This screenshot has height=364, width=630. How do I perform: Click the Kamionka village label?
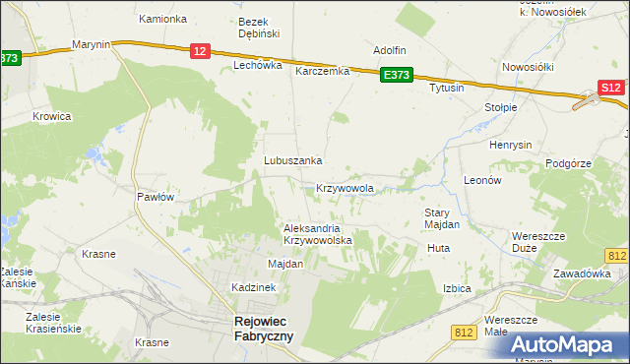click(x=162, y=19)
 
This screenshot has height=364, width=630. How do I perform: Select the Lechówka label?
click(x=257, y=65)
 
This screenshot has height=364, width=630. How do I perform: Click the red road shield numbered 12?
click(x=199, y=51)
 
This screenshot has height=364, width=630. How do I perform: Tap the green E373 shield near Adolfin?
click(x=397, y=75)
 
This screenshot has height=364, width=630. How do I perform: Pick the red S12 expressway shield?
click(x=611, y=89)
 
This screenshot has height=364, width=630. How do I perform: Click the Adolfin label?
click(x=390, y=49)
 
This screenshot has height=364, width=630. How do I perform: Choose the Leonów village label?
click(x=483, y=181)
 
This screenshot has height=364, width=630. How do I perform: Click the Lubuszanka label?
click(x=292, y=160)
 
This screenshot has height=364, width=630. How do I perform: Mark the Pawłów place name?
click(x=155, y=197)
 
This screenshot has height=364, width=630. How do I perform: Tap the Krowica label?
click(x=52, y=115)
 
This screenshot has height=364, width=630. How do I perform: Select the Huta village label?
click(x=438, y=248)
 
